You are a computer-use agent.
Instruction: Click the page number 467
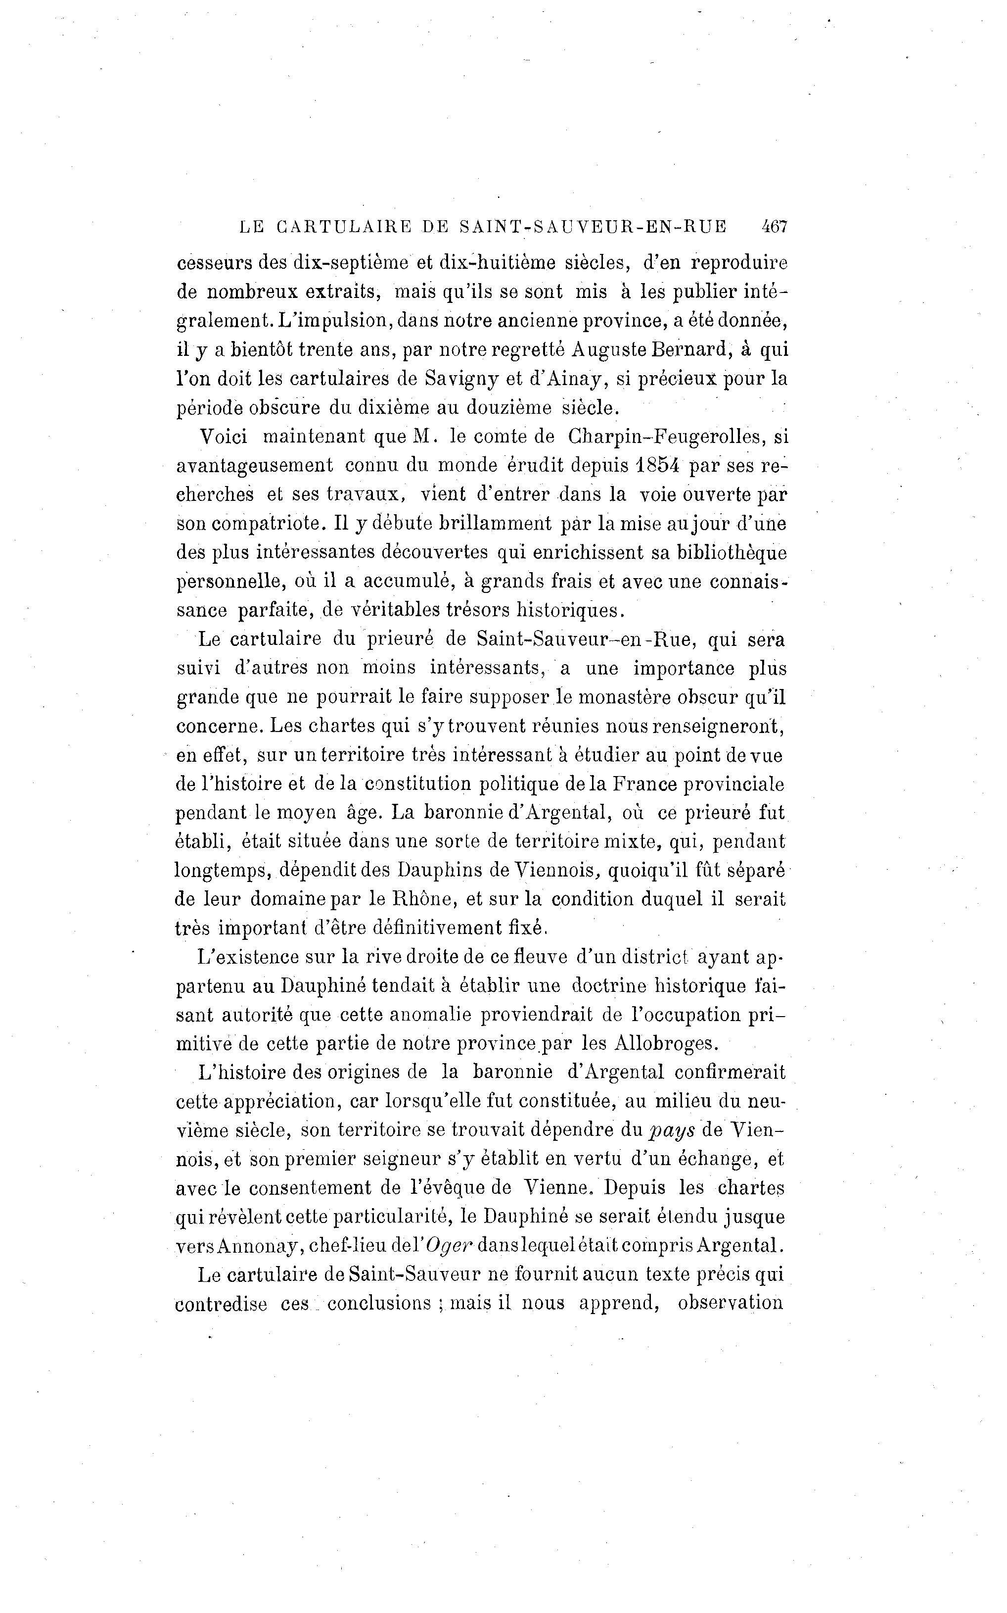pyautogui.click(x=775, y=227)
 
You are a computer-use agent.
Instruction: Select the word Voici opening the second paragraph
pyautogui.click(x=224, y=437)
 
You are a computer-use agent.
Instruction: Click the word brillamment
pyautogui.click(x=496, y=524)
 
